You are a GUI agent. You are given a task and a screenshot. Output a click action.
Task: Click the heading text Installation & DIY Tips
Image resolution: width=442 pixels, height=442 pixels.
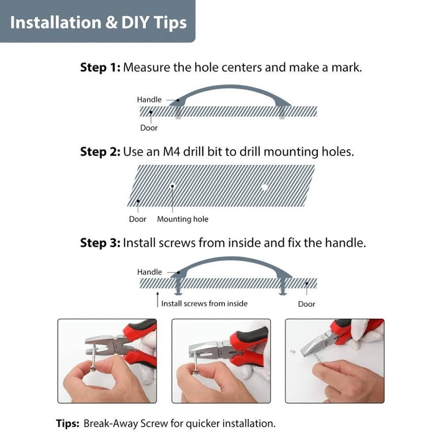pyautogui.click(x=98, y=23)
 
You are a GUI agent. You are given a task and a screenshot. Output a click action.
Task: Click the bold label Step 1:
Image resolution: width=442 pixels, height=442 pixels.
pyautogui.click(x=100, y=68)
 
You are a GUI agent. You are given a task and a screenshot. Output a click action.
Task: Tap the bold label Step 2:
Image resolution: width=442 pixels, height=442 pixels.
pyautogui.click(x=100, y=152)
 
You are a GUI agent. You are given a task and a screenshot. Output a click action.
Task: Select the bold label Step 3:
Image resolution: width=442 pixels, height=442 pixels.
pyautogui.click(x=100, y=243)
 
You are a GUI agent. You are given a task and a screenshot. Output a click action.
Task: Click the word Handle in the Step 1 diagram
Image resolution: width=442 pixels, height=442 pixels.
pyautogui.click(x=149, y=100)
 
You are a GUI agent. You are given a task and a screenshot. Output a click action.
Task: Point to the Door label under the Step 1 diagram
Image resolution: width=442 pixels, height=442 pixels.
pyautogui.click(x=149, y=128)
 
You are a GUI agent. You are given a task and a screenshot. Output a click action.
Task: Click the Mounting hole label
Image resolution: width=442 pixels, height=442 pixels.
pyautogui.click(x=183, y=219)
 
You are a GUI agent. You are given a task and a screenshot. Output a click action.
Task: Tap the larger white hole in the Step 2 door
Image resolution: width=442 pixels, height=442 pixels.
pyautogui.click(x=264, y=187)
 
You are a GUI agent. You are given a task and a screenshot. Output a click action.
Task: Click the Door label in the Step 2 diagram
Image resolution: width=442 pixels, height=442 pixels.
pyautogui.click(x=138, y=219)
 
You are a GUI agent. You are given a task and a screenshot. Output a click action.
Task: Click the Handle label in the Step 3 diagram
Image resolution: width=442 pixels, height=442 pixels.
pyautogui.click(x=149, y=272)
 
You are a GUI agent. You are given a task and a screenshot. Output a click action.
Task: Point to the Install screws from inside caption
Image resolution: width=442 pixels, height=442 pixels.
pyautogui.click(x=204, y=304)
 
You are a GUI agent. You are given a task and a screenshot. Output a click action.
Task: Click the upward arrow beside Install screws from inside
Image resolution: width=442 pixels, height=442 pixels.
pyautogui.click(x=158, y=300)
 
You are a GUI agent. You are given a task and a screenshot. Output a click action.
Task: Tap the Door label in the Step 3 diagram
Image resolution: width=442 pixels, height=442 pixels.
pyautogui.click(x=306, y=304)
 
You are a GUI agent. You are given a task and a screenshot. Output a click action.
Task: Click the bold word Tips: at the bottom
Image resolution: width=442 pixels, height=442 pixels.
pyautogui.click(x=68, y=424)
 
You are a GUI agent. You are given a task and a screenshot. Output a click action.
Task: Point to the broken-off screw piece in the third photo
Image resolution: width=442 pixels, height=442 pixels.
pyautogui.click(x=292, y=351)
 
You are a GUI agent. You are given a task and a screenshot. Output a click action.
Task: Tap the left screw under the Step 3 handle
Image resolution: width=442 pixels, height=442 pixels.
pyautogui.click(x=178, y=287)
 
